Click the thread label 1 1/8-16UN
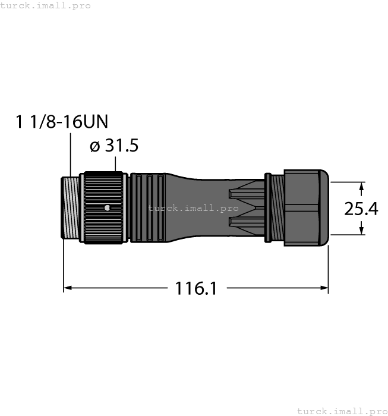click(x=62, y=122)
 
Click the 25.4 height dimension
click(x=361, y=209)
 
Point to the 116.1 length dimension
click(x=195, y=289)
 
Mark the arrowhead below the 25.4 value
click(x=362, y=229)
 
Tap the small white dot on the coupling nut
click(x=106, y=207)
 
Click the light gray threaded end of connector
click(x=72, y=207)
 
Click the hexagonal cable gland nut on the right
click(x=306, y=207)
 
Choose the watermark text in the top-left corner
click(x=46, y=5)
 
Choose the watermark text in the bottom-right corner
click(x=341, y=411)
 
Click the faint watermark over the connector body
click(x=194, y=209)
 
